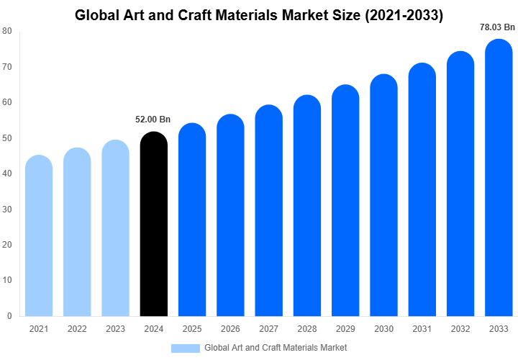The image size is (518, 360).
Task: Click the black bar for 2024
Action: tap(153, 225)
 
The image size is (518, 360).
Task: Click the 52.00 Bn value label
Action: tap(153, 120)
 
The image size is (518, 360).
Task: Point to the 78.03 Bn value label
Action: tap(498, 27)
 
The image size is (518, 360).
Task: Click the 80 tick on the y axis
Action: tap(6, 31)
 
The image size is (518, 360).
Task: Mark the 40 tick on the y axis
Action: tap(6, 174)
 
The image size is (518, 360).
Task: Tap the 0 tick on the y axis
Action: tap(9, 315)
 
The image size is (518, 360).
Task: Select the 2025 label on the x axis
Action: tap(192, 329)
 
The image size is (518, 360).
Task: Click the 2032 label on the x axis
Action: tap(460, 329)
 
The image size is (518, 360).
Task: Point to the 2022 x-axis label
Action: tap(77, 329)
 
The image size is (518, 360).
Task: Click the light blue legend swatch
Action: tap(185, 348)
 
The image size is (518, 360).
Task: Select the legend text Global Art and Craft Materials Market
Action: tap(276, 348)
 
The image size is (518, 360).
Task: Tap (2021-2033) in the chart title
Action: tap(401, 14)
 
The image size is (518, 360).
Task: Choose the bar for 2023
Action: tap(115, 228)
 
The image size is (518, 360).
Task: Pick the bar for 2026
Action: tap(230, 215)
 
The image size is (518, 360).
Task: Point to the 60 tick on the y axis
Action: tap(6, 102)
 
